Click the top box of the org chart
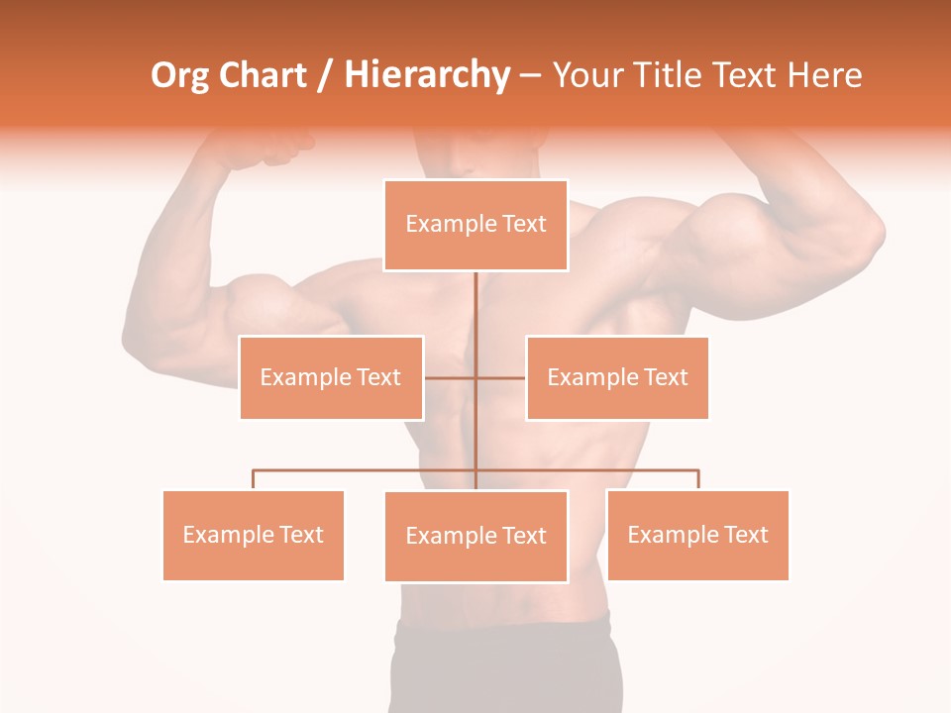[x=475, y=225]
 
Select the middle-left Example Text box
[x=331, y=377]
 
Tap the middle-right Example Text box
[x=617, y=377]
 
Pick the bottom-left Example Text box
[x=253, y=535]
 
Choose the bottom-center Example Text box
[x=475, y=536]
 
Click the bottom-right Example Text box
[x=697, y=535]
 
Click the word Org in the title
[x=179, y=75]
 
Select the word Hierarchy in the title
[x=426, y=75]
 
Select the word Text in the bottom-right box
[x=745, y=535]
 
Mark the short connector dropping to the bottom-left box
[x=253, y=479]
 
